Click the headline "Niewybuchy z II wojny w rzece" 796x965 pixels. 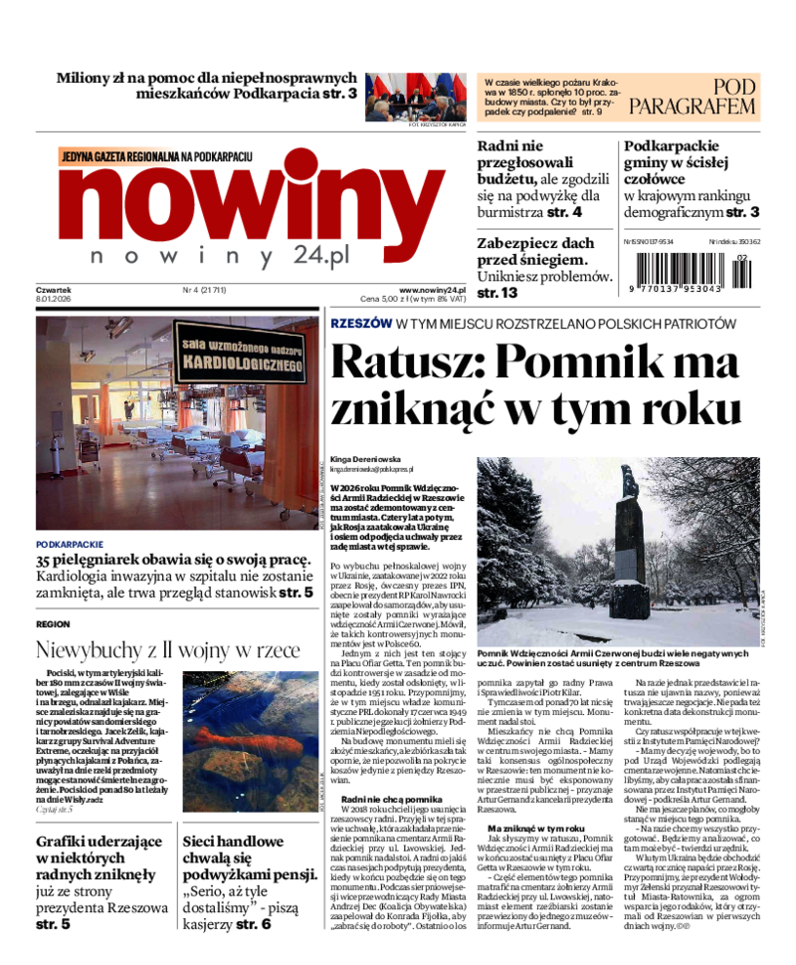pyautogui.click(x=167, y=650)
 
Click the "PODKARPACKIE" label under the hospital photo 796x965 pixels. pyautogui.click(x=69, y=545)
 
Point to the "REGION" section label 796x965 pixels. pyautogui.click(x=53, y=623)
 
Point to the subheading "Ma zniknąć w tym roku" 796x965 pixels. pyautogui.click(x=535, y=828)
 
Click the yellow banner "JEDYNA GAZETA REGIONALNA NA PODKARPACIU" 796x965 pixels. pyautogui.click(x=157, y=156)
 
